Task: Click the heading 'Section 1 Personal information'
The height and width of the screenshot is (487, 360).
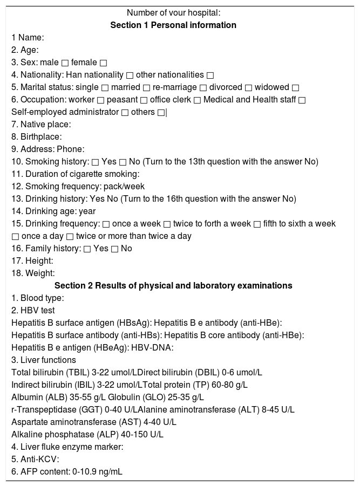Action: (173, 25)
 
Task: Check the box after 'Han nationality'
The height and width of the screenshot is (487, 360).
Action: (130, 75)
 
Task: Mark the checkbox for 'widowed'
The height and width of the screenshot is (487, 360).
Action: (295, 87)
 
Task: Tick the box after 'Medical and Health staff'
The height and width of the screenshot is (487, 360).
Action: (302, 100)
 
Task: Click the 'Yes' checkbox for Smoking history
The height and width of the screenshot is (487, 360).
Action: (95, 162)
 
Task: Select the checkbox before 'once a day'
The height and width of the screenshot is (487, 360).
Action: (15, 236)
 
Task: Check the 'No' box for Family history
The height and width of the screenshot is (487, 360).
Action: (114, 249)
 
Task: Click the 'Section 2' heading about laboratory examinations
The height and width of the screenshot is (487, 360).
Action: (173, 286)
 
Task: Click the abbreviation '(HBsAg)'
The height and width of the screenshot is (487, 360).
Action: (134, 323)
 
